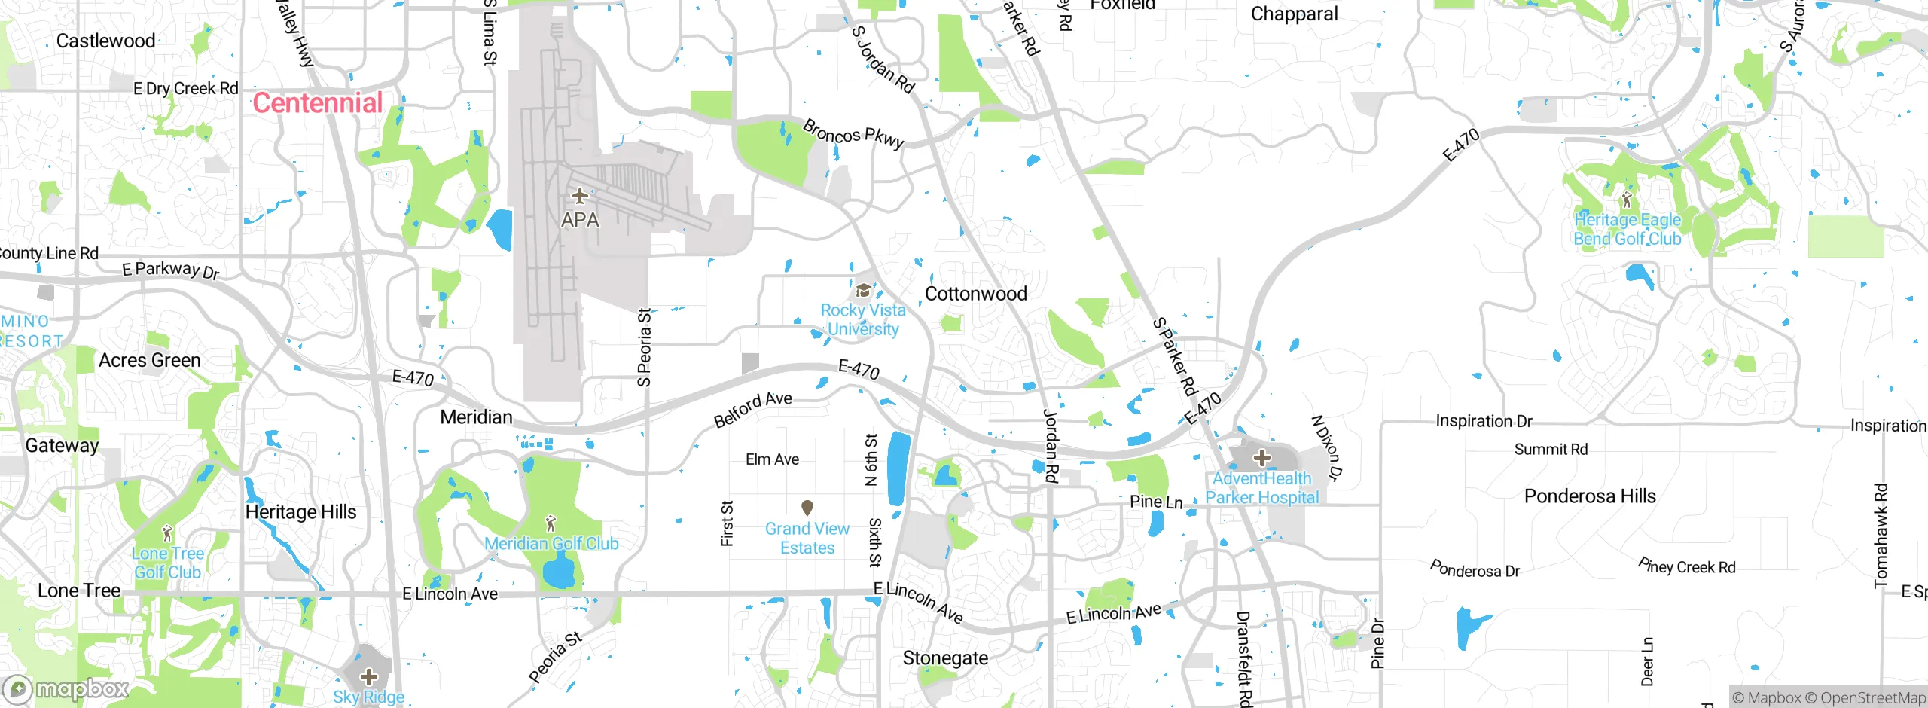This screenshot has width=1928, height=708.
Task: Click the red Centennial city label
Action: pos(317,103)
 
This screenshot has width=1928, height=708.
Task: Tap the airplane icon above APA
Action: pos(579,196)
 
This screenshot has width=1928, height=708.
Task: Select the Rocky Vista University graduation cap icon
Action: pos(863,291)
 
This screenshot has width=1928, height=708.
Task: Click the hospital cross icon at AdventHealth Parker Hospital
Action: pos(1262,457)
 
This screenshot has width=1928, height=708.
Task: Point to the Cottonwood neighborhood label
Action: pos(975,294)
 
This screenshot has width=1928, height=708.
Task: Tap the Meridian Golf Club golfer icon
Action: pos(551,523)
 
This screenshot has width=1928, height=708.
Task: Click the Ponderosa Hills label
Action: pos(1590,496)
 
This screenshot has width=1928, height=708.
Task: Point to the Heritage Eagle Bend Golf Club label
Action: pos(1627,229)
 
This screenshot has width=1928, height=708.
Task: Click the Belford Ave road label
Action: pos(752,409)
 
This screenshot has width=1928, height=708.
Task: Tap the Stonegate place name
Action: pos(945,658)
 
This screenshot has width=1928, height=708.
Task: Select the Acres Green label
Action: pos(149,361)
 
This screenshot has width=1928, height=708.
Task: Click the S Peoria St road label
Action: pos(644,347)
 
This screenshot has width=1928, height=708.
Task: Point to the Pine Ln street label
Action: pos(1156,502)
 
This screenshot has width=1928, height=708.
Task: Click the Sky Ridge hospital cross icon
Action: pos(369,676)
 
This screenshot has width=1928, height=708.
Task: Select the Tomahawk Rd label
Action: pos(1881,535)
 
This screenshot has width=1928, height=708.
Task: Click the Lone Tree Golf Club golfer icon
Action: pos(167,534)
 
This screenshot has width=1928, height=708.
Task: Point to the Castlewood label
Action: pos(105,41)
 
